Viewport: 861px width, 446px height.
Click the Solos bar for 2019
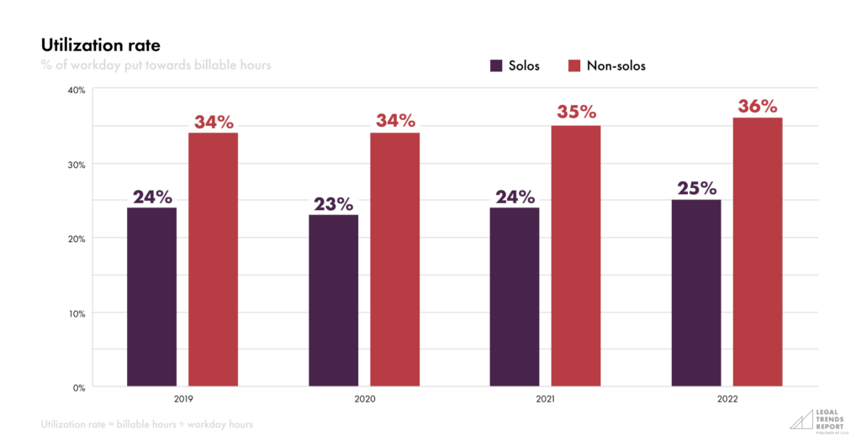click(x=151, y=297)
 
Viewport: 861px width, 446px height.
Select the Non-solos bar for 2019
click(x=213, y=260)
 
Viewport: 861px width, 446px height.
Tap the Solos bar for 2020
click(x=333, y=301)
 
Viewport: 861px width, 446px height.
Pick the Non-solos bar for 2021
click(x=576, y=256)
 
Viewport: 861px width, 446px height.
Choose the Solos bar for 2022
click(x=696, y=293)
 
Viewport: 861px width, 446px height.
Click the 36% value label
click(x=758, y=107)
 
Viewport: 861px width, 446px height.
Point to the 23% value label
click(x=333, y=204)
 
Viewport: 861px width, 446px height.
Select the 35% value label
click(x=576, y=113)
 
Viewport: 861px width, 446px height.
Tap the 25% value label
click(x=696, y=188)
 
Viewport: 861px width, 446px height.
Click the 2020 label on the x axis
click(x=363, y=401)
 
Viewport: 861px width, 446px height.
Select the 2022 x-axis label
click(x=726, y=401)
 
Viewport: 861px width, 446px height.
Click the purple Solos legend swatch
click(x=496, y=66)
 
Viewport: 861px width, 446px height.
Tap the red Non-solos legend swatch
click(x=575, y=66)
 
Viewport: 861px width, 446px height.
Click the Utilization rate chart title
click(x=100, y=45)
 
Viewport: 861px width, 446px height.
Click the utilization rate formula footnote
click(x=146, y=425)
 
